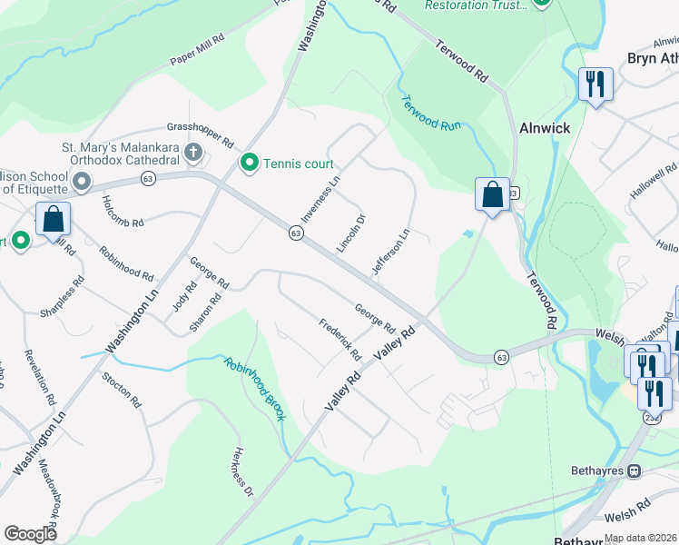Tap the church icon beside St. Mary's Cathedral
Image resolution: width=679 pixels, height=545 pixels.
(x=192, y=152)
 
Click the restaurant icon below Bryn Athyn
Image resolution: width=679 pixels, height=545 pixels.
(x=595, y=85)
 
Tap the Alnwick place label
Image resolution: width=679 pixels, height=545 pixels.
(x=545, y=128)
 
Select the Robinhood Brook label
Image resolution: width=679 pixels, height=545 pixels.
(x=255, y=388)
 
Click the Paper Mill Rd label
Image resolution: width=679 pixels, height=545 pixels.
(x=197, y=53)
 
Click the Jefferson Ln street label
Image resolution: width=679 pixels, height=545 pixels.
(x=390, y=253)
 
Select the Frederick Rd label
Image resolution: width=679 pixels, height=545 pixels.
(x=339, y=338)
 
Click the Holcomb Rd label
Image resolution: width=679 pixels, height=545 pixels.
(x=123, y=212)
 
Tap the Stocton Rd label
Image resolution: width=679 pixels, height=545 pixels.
(x=122, y=388)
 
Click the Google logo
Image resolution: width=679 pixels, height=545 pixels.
(x=31, y=534)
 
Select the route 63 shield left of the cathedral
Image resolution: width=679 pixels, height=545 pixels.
(x=148, y=179)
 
